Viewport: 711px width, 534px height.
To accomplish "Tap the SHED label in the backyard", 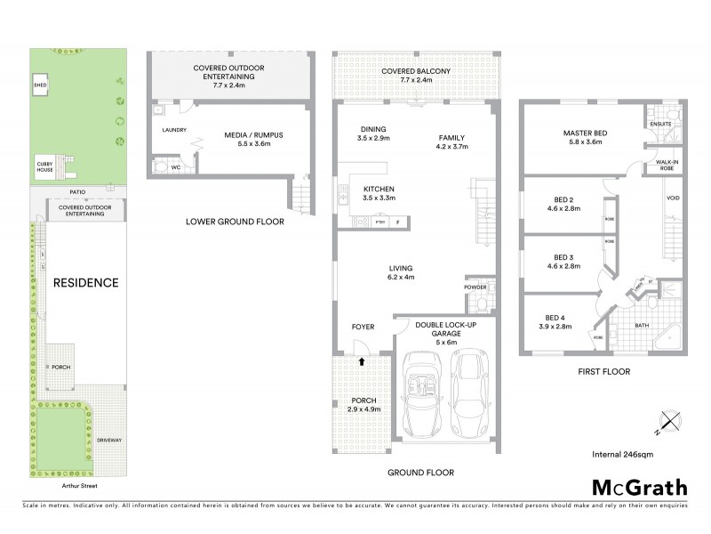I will click(x=39, y=86).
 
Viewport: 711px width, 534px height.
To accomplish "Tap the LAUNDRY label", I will click(x=173, y=130).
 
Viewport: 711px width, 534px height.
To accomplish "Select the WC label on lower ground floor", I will click(x=175, y=166).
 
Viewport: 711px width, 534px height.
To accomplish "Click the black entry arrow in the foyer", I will click(x=363, y=361).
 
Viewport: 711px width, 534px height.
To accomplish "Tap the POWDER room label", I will click(x=475, y=287).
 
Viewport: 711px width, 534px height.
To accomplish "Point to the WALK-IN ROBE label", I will click(x=667, y=165).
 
